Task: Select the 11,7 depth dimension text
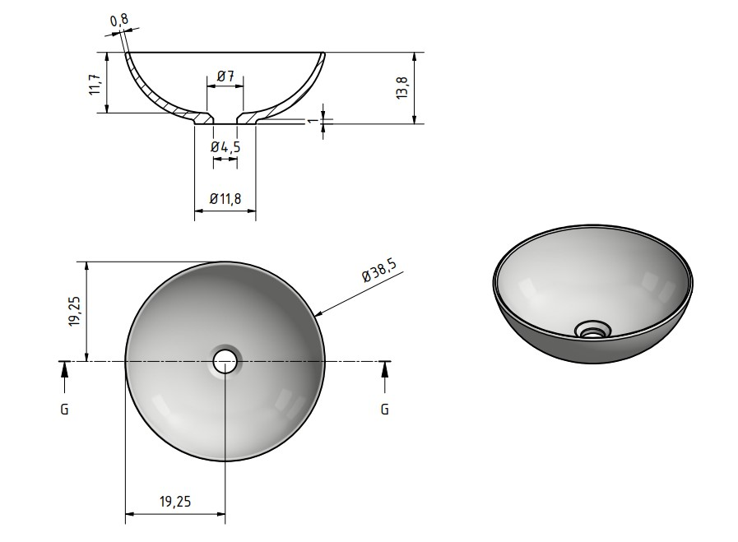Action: coord(95,82)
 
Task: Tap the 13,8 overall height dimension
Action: coord(402,88)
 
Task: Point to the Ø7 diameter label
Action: coord(225,76)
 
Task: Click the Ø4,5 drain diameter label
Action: coord(225,146)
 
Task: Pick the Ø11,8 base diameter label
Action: coord(225,198)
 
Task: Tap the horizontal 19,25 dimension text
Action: coord(174,500)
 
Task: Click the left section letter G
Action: coord(64,409)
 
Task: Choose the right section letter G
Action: coord(384,409)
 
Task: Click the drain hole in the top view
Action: coord(225,361)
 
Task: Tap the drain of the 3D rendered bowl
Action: coord(592,330)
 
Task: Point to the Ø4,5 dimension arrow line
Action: coord(225,162)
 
